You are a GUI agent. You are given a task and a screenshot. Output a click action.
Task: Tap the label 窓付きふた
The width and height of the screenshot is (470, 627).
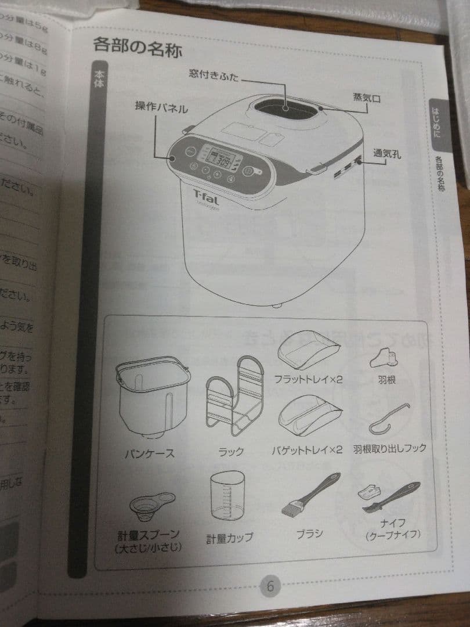(214, 75)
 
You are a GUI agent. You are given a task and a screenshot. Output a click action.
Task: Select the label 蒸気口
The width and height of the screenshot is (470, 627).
(367, 98)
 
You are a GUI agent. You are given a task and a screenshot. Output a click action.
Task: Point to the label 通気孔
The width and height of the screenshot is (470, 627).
(387, 154)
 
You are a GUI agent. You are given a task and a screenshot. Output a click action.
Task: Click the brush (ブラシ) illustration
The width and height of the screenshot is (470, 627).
(308, 497)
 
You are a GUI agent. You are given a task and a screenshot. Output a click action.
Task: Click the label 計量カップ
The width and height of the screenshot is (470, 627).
(229, 538)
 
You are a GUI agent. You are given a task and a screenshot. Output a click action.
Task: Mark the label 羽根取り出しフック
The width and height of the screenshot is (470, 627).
(389, 448)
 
